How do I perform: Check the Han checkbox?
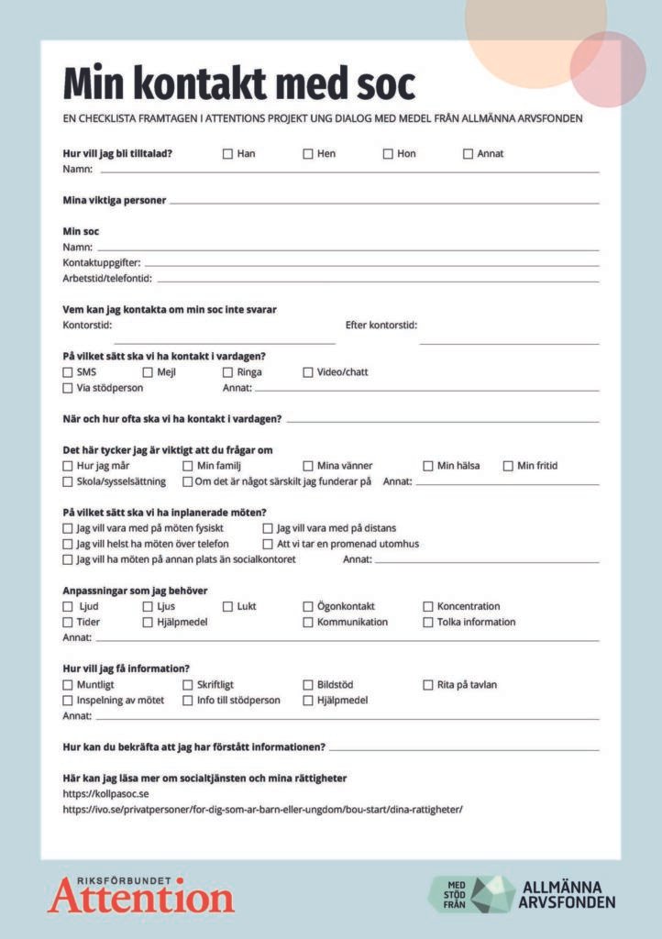(227, 154)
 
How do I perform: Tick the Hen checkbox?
(308, 154)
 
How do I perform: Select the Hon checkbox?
(388, 154)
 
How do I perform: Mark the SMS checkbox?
(68, 372)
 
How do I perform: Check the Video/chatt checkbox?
(308, 372)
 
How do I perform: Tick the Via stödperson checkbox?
(68, 388)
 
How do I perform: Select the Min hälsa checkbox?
(428, 466)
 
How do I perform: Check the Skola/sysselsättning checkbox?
(68, 481)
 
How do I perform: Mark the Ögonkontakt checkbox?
(308, 606)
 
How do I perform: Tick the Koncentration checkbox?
(428, 606)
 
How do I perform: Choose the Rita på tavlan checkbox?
(428, 685)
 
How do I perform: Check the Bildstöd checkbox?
(308, 685)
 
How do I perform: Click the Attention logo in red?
(141, 895)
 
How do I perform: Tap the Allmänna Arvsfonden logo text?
(568, 894)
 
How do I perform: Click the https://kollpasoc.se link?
(105, 794)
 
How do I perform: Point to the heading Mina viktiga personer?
(114, 201)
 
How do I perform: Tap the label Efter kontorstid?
(381, 326)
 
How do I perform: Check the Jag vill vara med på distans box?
(268, 528)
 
